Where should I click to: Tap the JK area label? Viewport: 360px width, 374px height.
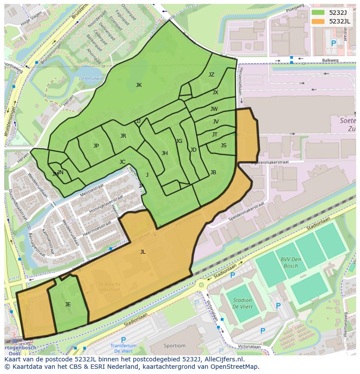pyautogui.click(x=139, y=85)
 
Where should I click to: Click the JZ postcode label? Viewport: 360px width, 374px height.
pyautogui.click(x=211, y=75)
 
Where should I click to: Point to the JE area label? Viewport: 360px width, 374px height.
pyautogui.click(x=68, y=304)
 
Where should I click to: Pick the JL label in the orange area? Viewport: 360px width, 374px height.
pyautogui.click(x=143, y=252)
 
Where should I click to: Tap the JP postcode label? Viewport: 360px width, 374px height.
pyautogui.click(x=96, y=146)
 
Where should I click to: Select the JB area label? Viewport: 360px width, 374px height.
pyautogui.click(x=213, y=172)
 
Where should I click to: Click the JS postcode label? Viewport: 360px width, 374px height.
pyautogui.click(x=223, y=146)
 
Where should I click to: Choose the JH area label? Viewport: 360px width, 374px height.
pyautogui.click(x=164, y=153)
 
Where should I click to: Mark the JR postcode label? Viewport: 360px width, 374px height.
pyautogui.click(x=123, y=136)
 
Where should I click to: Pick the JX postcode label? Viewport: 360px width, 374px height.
pyautogui.click(x=215, y=93)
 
